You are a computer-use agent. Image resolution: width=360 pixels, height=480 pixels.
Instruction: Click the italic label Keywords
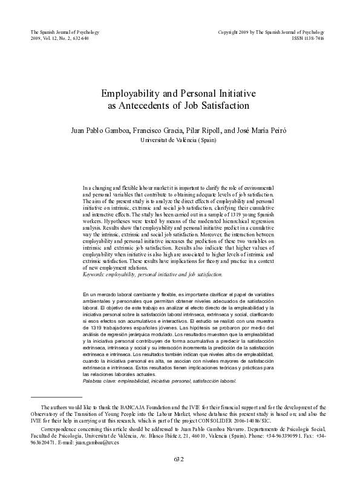click(95, 274)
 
